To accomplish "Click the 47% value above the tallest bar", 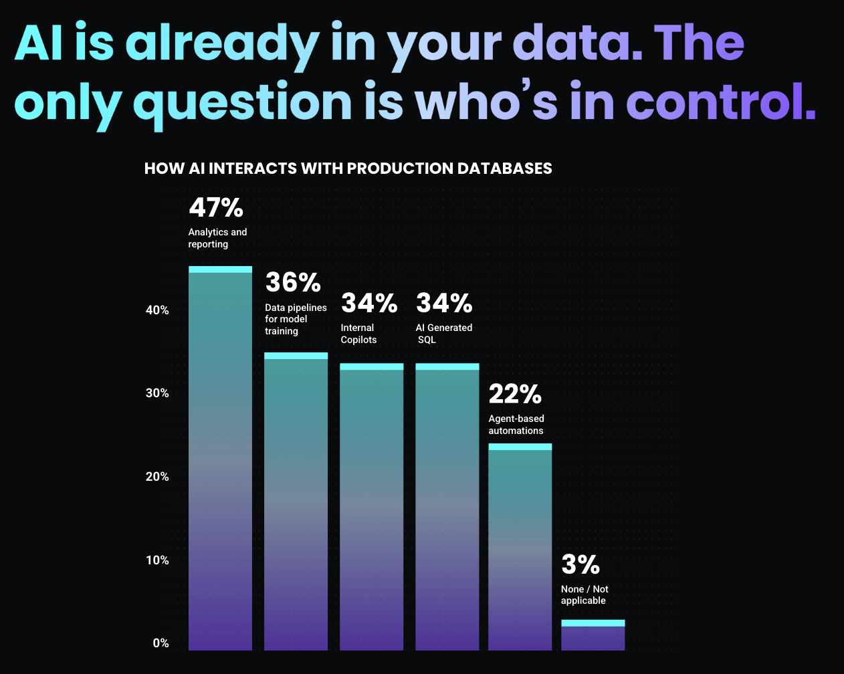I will pos(216,208).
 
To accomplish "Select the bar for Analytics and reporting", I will pos(220,461).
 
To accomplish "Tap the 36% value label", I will pos(293,282).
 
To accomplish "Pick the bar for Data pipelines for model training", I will pos(296,501).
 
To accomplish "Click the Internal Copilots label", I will pos(358,334).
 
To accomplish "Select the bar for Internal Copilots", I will pos(371,508).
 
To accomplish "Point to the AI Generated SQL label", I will pos(443,334).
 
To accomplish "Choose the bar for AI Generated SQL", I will pos(447,508).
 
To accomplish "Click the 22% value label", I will pos(514,394).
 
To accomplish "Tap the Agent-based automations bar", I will pos(520,548).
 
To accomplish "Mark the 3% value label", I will pos(580,565).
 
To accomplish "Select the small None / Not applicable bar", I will pos(593,636).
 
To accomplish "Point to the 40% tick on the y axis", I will pos(157,310).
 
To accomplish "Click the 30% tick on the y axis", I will pos(157,393).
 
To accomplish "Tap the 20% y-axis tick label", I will pos(157,477).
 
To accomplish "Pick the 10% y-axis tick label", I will pos(157,560).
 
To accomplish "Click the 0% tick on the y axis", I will pos(161,643).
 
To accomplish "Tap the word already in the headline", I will pos(221,43).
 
